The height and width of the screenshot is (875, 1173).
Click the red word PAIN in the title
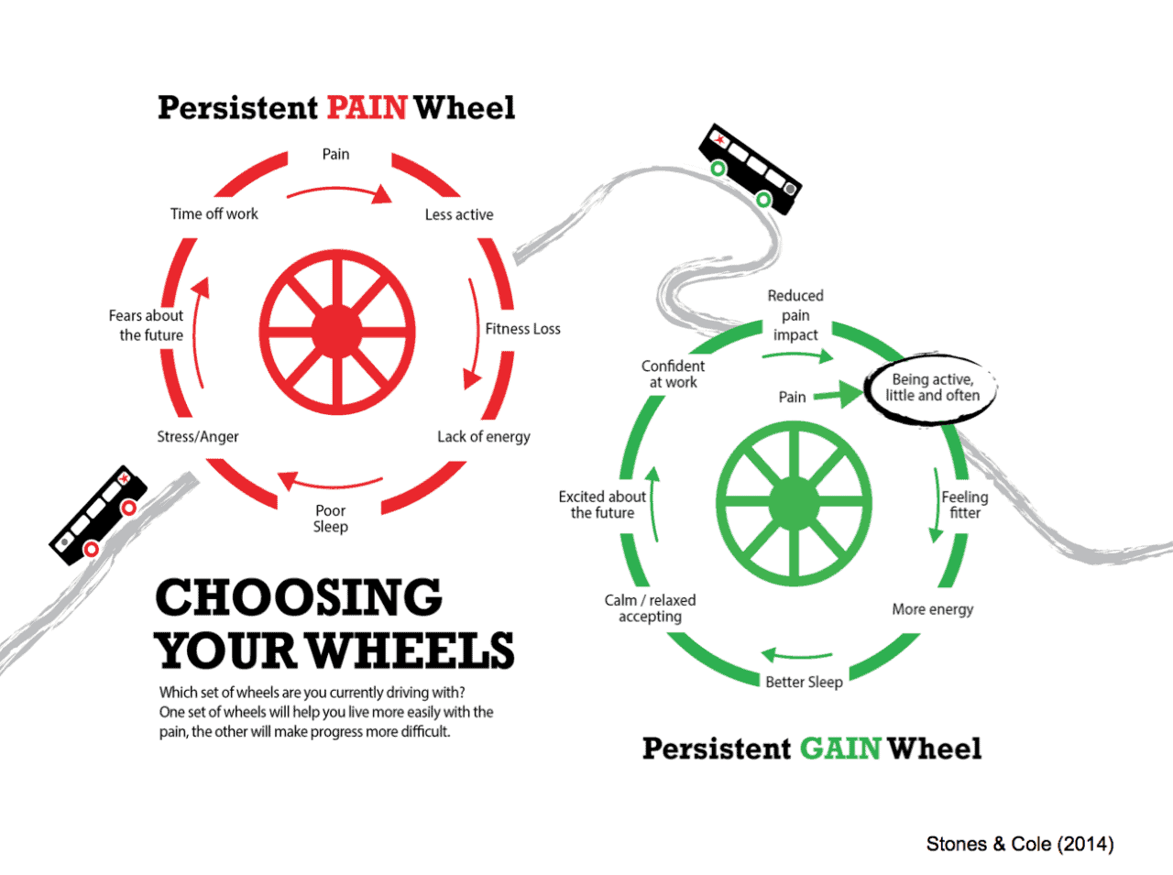(367, 107)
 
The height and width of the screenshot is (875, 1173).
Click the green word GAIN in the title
(840, 749)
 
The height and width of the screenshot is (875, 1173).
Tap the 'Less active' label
(459, 214)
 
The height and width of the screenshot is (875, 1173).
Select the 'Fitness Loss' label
(522, 329)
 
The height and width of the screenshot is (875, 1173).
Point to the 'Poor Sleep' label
(331, 519)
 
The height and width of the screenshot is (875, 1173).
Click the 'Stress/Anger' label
(198, 437)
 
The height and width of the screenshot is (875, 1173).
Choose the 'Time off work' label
(214, 213)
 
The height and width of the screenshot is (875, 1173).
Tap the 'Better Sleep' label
(804, 683)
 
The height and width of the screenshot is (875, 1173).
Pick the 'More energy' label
(933, 609)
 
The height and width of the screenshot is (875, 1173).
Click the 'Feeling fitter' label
(965, 505)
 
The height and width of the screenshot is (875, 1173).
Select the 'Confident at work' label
(673, 374)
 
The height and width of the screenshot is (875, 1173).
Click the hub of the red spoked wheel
(336, 332)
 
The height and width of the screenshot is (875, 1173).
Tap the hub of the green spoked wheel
(794, 503)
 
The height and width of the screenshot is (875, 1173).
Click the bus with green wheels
(751, 169)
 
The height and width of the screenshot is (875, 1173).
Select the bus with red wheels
(98, 515)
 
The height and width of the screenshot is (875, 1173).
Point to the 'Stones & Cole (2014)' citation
(1020, 844)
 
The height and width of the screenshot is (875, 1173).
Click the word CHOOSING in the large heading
(300, 597)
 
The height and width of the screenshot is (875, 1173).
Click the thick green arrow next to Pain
(838, 394)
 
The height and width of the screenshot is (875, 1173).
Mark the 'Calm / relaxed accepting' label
(650, 608)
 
